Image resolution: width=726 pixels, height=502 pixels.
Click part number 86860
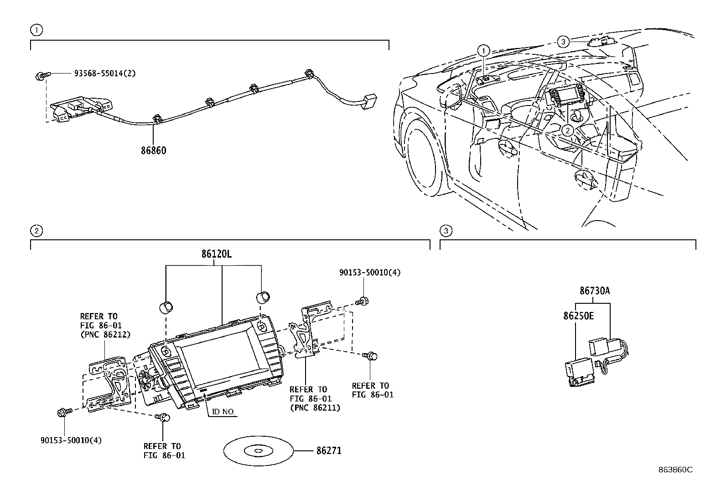point(153,150)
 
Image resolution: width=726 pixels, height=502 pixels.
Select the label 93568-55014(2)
point(105,73)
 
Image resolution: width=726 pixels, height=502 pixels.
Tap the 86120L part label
point(216,254)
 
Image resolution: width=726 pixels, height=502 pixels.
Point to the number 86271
point(328,451)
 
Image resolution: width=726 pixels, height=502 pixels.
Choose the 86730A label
point(594,291)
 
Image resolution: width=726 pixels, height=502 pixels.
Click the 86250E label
point(578,315)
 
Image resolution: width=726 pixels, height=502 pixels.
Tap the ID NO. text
point(223,412)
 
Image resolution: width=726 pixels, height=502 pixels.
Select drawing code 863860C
point(675,470)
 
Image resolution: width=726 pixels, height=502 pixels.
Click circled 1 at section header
point(36,30)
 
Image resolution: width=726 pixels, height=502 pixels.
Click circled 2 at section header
point(36,231)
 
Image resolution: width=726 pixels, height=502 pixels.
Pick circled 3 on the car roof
point(563,42)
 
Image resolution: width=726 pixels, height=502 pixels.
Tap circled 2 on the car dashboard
point(567,131)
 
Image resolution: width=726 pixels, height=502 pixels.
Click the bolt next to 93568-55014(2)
point(40,76)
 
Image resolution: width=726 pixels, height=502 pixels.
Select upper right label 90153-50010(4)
point(369,272)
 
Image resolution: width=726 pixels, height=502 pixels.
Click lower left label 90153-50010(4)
point(71,440)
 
